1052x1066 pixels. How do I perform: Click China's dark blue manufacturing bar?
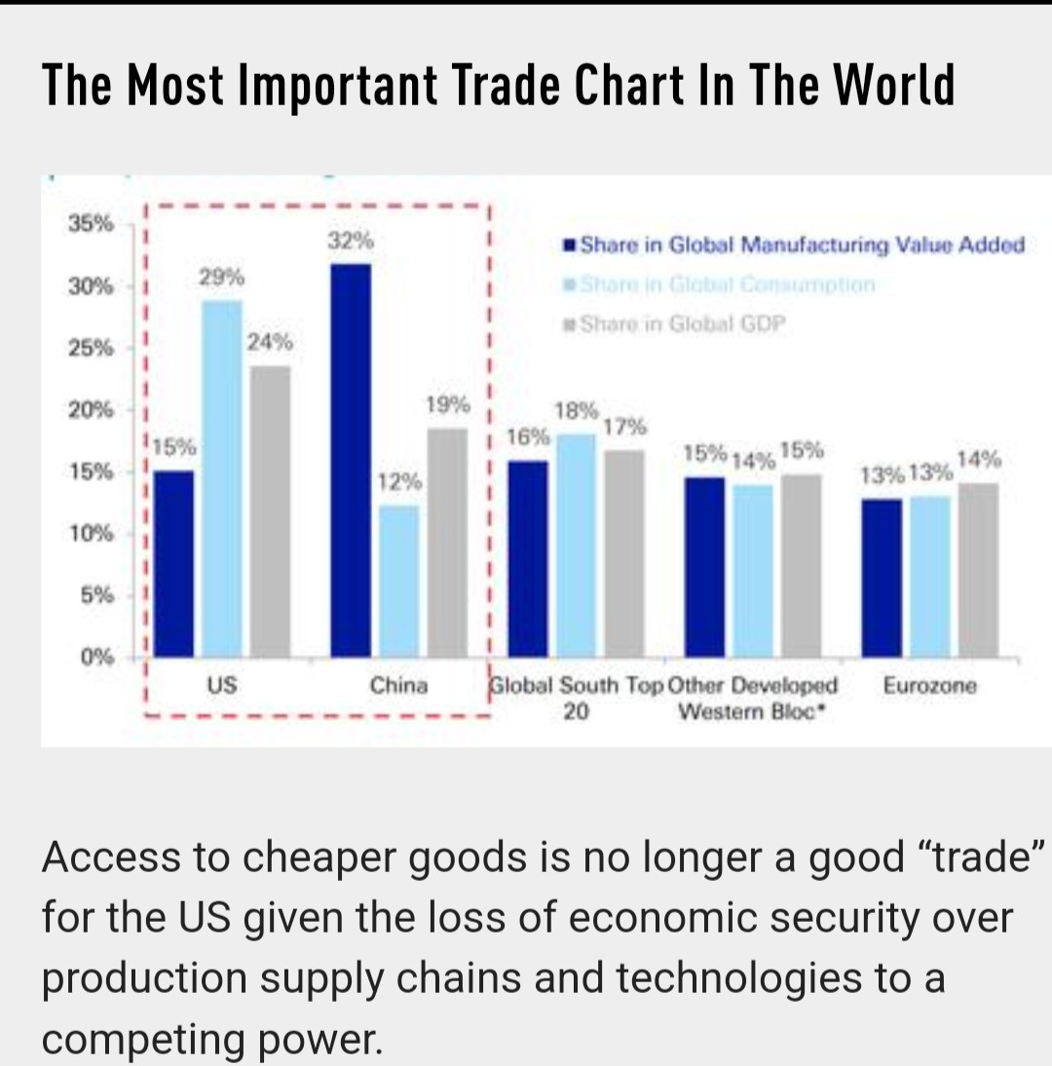(x=351, y=460)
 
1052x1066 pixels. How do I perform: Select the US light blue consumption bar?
(x=222, y=477)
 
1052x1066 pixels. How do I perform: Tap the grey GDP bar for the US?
(x=270, y=511)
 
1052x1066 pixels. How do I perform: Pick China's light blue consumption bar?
(x=398, y=581)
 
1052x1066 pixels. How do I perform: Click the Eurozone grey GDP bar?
(x=977, y=569)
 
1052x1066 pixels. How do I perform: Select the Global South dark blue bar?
(x=528, y=558)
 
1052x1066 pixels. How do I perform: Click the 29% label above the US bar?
(x=221, y=277)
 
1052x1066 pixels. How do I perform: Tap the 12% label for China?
(x=400, y=482)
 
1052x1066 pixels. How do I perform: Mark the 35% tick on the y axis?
(x=91, y=223)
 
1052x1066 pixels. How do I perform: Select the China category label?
(x=398, y=685)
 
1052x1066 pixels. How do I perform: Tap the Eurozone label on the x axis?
(x=929, y=685)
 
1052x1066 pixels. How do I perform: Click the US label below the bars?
(x=222, y=685)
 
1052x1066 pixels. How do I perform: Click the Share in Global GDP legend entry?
(x=682, y=324)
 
